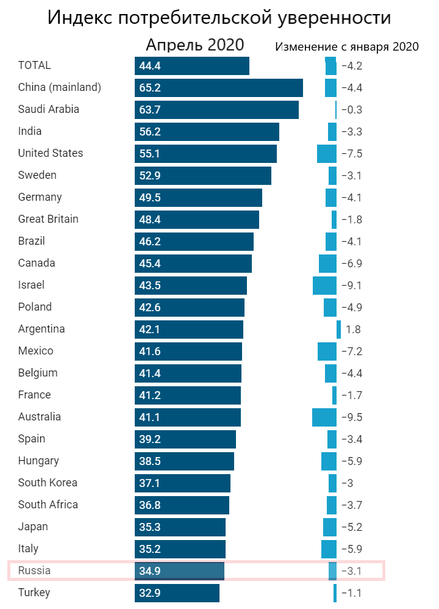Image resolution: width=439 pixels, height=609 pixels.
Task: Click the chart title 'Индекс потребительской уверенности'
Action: pos(220,18)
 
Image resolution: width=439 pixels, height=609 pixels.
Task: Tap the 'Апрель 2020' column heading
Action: pos(195,46)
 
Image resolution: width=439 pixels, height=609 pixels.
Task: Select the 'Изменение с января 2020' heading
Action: pos(346,47)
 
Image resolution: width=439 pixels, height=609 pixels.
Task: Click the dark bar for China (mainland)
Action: pos(218,88)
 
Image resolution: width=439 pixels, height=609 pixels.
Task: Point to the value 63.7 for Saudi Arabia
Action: pos(150,110)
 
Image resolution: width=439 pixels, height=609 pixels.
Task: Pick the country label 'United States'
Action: pos(51,153)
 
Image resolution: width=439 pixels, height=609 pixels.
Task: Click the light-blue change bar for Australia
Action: pos(324,417)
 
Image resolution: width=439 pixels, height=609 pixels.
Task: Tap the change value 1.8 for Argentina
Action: pos(353,330)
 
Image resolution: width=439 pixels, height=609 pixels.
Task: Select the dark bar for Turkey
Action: pos(177,593)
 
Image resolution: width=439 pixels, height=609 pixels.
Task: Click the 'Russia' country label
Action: pos(34,571)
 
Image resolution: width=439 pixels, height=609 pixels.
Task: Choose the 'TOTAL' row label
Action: pos(35,65)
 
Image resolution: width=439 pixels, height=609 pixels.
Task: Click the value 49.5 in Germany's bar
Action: pos(150,198)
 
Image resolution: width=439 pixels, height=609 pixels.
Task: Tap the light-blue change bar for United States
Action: pos(327,154)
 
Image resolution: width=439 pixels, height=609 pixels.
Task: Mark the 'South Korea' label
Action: pos(48,483)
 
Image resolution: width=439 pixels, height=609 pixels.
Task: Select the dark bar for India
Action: pos(207,132)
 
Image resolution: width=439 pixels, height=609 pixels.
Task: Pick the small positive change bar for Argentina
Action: pos(339,330)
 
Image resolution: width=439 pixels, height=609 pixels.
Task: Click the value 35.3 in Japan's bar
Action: pos(150,527)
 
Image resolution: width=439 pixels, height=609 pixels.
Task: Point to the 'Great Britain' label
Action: pos(48,219)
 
